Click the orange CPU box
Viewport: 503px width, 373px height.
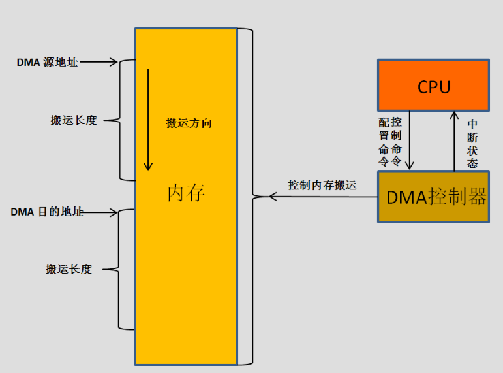pyautogui.click(x=433, y=85)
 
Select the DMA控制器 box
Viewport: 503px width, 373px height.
pyautogui.click(x=433, y=197)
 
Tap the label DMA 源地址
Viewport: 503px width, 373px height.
pyautogui.click(x=47, y=63)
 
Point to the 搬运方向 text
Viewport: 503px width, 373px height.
pyautogui.click(x=189, y=123)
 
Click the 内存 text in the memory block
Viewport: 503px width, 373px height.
pyautogui.click(x=187, y=193)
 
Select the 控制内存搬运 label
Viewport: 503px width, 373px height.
pyautogui.click(x=322, y=186)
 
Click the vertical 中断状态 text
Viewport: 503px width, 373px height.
pyautogui.click(x=473, y=142)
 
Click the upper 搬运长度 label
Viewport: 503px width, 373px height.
pyautogui.click(x=74, y=120)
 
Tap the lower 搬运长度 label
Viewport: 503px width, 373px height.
pyautogui.click(x=69, y=269)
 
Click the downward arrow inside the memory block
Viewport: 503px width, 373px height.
pyautogui.click(x=149, y=118)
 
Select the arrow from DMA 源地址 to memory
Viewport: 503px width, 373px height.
pyautogui.click(x=99, y=63)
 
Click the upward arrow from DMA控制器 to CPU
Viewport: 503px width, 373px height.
pyautogui.click(x=455, y=140)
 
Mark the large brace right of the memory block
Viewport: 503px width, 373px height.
pyautogui.click(x=247, y=196)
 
